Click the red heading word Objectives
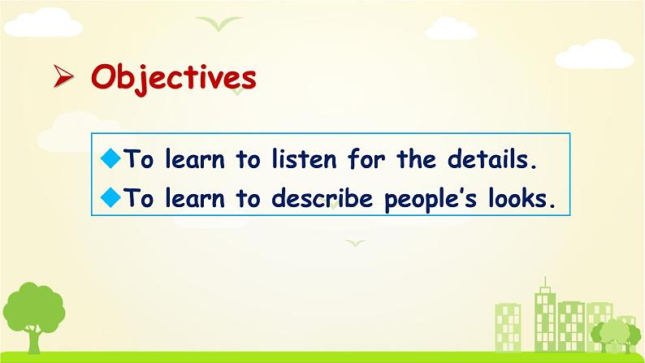[174, 79]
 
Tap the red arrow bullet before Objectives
[63, 76]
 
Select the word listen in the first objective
[304, 158]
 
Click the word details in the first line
[492, 158]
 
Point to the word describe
[322, 197]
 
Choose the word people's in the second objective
[431, 200]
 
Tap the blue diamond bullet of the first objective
[110, 158]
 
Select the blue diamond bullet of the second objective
[110, 197]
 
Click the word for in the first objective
[366, 158]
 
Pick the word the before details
[416, 158]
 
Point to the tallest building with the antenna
[545, 317]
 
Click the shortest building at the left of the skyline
[508, 327]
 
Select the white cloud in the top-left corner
[43, 23]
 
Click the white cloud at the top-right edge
[595, 54]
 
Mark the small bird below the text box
[356, 243]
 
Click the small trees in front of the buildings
[616, 335]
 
